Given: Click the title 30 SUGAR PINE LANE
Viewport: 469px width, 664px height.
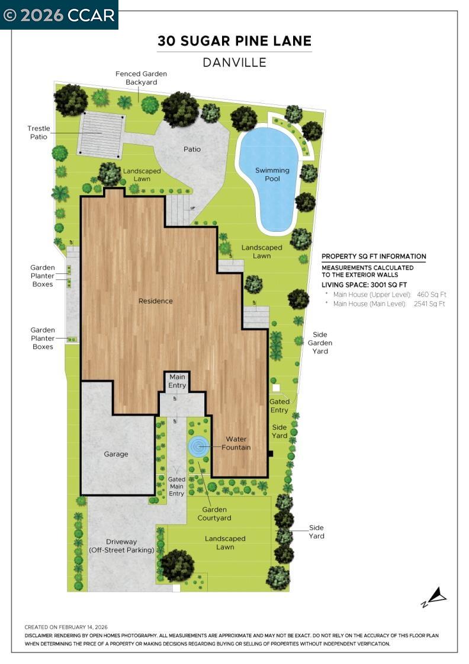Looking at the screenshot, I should [234, 41].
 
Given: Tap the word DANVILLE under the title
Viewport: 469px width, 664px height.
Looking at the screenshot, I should [234, 62].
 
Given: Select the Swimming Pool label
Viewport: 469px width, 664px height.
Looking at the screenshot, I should [272, 174].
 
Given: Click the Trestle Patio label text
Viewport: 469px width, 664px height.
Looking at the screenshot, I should [38, 132].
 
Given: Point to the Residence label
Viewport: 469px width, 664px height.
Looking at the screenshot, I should [156, 301].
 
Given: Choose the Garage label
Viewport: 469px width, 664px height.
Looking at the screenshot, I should [116, 454].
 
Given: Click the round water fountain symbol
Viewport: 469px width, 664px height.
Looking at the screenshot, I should [198, 446].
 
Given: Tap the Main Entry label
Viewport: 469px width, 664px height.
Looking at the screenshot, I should [177, 381].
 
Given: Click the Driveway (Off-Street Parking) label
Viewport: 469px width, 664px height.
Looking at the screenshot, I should [121, 546].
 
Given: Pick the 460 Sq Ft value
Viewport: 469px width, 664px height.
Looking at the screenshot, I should [432, 294].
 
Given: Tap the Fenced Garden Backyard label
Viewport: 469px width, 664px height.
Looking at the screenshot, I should [141, 78].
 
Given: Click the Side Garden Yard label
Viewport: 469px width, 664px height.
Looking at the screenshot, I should [320, 343].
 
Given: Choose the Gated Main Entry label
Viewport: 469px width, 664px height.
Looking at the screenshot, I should [176, 486].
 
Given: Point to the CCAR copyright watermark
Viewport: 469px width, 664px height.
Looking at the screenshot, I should [59, 15].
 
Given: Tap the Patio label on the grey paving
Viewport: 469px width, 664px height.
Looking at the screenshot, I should [192, 149].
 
